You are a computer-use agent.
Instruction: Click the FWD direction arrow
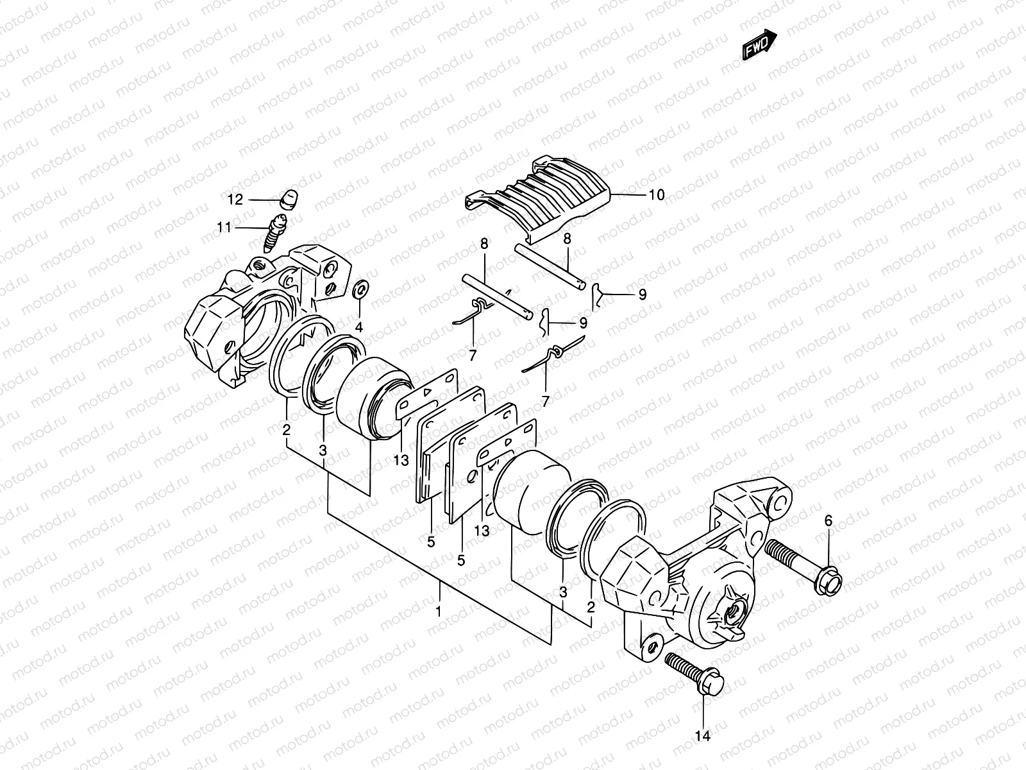[x=761, y=47]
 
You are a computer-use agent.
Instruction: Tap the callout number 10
[x=657, y=194]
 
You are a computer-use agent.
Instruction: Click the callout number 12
[x=235, y=200]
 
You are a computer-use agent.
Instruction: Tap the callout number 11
[x=224, y=227]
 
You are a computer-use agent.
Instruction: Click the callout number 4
[x=359, y=327]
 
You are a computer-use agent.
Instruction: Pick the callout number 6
[x=828, y=521]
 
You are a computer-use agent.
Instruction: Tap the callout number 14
[x=703, y=737]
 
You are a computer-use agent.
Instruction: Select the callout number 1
[x=439, y=612]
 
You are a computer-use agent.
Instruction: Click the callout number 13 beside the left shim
[x=401, y=461]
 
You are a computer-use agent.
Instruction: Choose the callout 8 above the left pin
[x=484, y=243]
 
